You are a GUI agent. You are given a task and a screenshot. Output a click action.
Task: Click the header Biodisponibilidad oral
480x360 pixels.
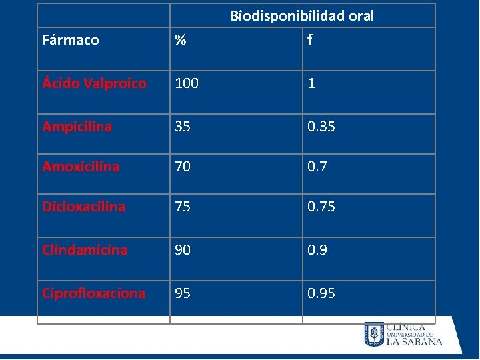click(x=302, y=16)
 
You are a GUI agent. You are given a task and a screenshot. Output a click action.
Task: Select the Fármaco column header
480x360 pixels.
click(x=71, y=40)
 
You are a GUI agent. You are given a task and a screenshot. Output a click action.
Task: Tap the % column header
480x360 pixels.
click(x=181, y=39)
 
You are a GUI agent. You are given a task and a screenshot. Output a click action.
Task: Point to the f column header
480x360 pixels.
click(x=310, y=39)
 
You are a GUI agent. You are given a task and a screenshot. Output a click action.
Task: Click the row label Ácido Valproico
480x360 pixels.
click(x=94, y=83)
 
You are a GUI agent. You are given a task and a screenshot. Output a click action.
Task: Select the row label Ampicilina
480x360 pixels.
click(x=77, y=127)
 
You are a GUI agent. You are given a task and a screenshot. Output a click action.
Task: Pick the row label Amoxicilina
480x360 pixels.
click(x=81, y=167)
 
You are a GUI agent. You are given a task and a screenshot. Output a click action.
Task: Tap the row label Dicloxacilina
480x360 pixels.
click(x=83, y=207)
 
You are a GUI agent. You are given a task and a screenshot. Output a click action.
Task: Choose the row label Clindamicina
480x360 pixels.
click(x=85, y=250)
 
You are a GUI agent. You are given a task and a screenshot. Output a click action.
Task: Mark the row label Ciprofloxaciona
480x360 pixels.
click(x=94, y=293)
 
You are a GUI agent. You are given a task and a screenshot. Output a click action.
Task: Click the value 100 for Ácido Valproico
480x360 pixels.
click(x=187, y=83)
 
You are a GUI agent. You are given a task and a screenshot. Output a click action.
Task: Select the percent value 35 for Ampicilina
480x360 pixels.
click(x=183, y=127)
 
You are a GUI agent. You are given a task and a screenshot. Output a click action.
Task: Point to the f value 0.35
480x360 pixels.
click(x=321, y=127)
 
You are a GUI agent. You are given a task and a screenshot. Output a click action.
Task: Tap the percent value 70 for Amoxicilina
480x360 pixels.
click(x=183, y=167)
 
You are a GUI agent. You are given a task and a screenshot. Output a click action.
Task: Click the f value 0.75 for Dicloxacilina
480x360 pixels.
click(x=321, y=207)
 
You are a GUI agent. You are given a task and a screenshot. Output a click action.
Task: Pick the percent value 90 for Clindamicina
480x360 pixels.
click(x=183, y=250)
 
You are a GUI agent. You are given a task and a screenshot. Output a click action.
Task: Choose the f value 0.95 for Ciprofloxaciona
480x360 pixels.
click(x=321, y=293)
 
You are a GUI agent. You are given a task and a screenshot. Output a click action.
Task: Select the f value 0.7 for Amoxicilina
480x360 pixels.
click(x=317, y=167)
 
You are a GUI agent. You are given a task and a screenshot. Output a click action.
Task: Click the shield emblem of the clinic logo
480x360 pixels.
click(x=374, y=334)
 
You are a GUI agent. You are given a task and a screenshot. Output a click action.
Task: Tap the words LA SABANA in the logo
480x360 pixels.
click(x=415, y=341)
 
